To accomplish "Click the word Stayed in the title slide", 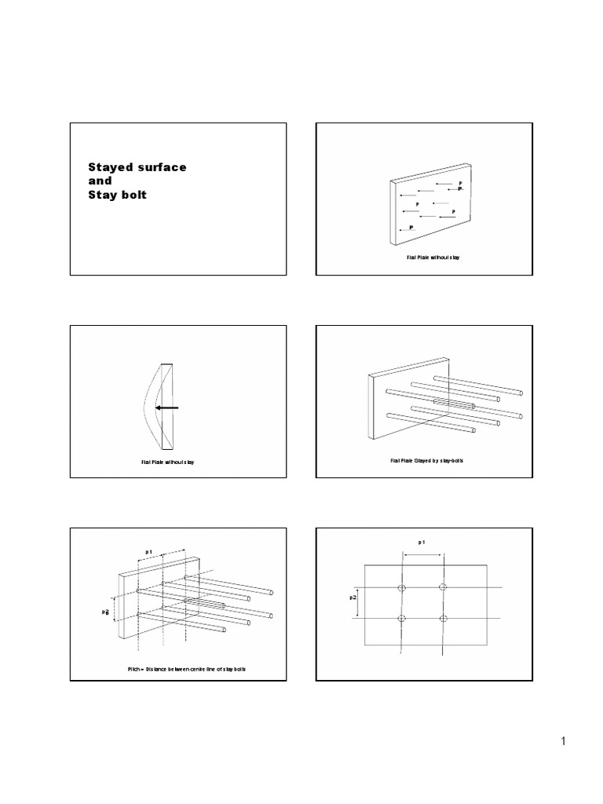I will (x=108, y=167).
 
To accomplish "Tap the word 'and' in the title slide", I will (x=100, y=181).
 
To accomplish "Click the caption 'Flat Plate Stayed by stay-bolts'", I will (x=426, y=461).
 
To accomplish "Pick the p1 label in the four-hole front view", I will (x=422, y=542).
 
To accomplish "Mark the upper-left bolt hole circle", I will (x=402, y=587).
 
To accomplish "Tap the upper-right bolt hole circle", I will (x=443, y=587).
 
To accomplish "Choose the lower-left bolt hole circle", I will (x=402, y=619).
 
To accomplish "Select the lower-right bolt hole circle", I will (x=443, y=619).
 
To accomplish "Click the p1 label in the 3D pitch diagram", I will (x=149, y=552).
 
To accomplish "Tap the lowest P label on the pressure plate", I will (x=410, y=227).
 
